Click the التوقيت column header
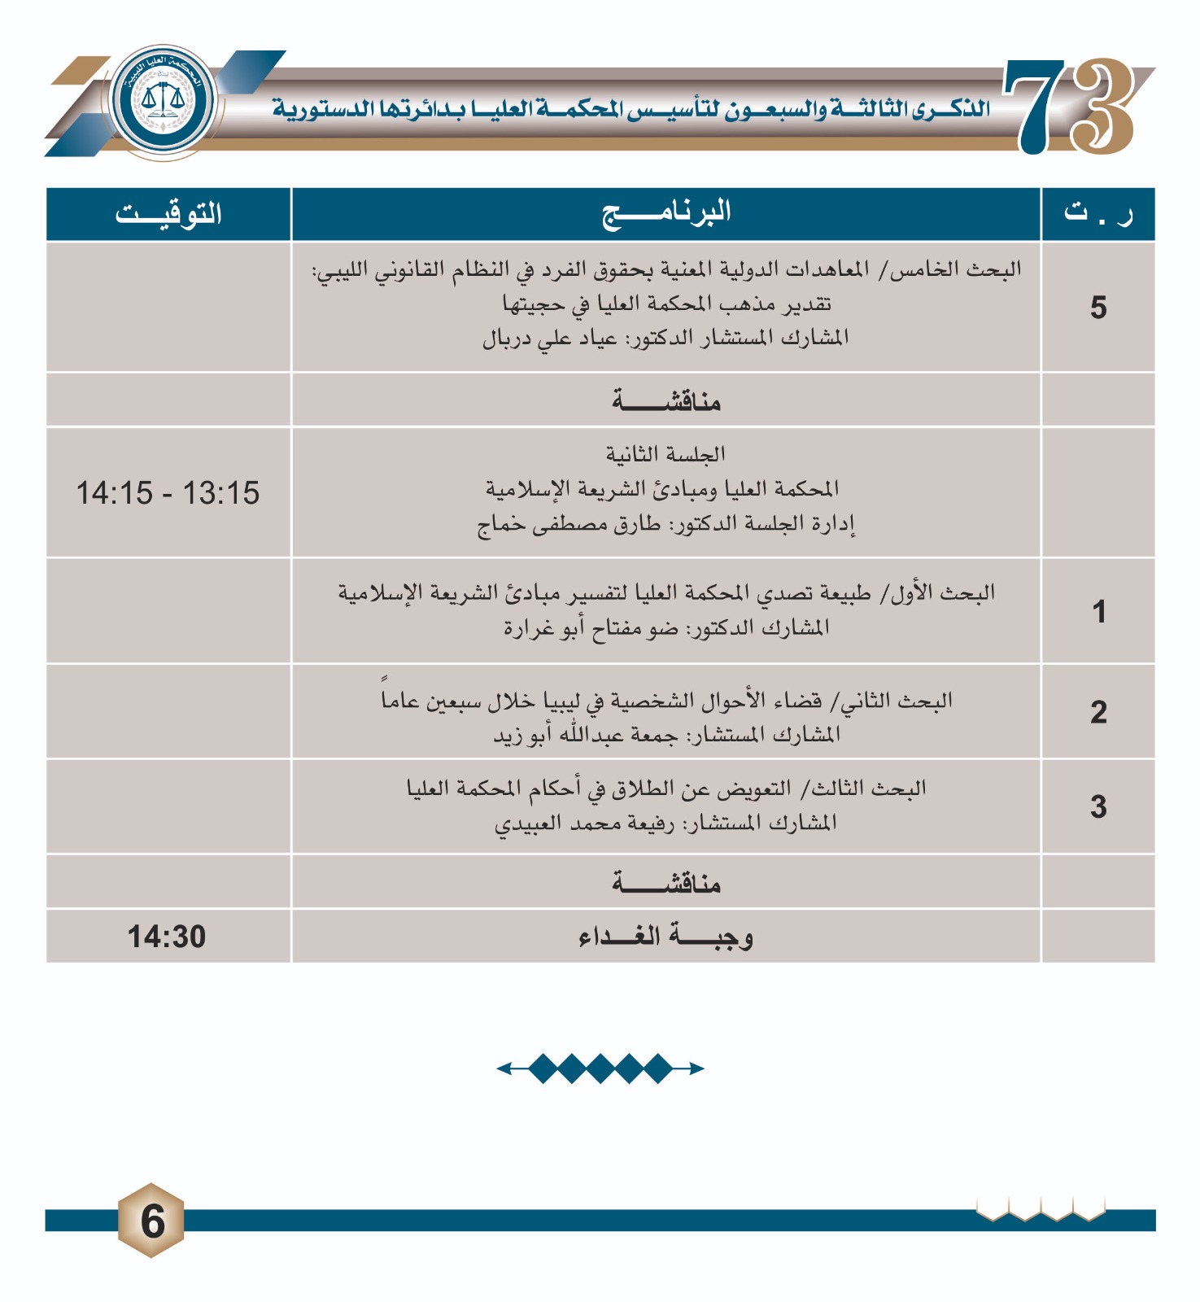click(x=168, y=214)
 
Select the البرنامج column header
click(x=666, y=214)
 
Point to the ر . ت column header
click(x=1097, y=214)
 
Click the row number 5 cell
click(x=1098, y=308)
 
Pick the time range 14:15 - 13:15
click(x=168, y=493)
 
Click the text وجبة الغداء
click(x=666, y=937)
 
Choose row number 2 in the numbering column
click(x=1098, y=712)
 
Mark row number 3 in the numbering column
click(x=1098, y=807)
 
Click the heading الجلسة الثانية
click(x=665, y=454)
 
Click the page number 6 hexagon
click(x=152, y=1221)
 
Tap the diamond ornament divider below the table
click(x=600, y=1068)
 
